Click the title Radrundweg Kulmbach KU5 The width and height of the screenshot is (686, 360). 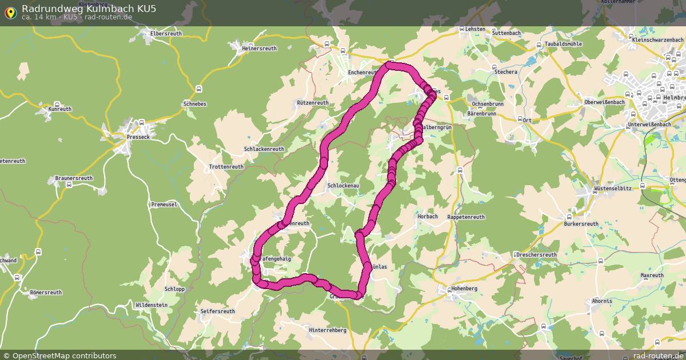[89, 8]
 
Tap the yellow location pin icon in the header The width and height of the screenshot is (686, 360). [10, 12]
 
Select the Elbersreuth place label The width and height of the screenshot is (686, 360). [166, 34]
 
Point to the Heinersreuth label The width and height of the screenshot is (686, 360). [260, 49]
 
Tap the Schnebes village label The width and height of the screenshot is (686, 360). [195, 104]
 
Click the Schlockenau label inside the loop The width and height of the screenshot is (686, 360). [343, 186]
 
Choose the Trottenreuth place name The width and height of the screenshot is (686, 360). [226, 167]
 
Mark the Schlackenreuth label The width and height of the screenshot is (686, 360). [264, 149]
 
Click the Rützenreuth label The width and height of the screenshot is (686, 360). [313, 103]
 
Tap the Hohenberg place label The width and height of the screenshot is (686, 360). [464, 289]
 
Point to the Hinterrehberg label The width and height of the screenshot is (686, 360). [328, 330]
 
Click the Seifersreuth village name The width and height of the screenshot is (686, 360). [218, 311]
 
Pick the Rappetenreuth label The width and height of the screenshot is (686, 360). [466, 217]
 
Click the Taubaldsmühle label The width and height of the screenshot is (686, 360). [563, 44]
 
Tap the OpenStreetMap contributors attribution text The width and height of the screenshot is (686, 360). [63, 355]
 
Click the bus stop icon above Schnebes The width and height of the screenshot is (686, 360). [198, 89]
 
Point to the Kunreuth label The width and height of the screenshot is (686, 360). [60, 109]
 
